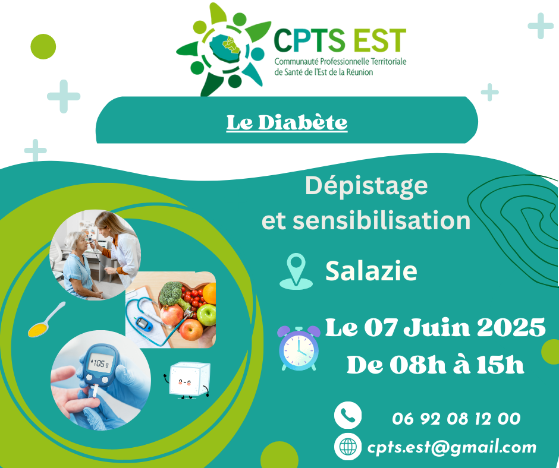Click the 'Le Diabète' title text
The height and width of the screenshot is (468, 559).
[287, 123]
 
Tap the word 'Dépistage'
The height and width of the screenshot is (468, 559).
[366, 186]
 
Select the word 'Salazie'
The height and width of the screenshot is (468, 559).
[371, 271]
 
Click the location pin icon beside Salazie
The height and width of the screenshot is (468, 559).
[296, 271]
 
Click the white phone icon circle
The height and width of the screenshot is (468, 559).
[348, 415]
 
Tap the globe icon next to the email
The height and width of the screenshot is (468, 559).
[348, 447]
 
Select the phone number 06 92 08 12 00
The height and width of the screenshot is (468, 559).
[456, 419]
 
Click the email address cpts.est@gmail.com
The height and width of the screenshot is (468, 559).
[452, 447]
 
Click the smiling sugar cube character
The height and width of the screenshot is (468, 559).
[188, 380]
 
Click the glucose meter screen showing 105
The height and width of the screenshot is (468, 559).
[101, 363]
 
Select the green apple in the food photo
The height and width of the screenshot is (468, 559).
[206, 315]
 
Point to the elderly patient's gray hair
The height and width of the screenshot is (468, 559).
[76, 239]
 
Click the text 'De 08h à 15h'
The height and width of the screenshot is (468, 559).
[435, 365]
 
